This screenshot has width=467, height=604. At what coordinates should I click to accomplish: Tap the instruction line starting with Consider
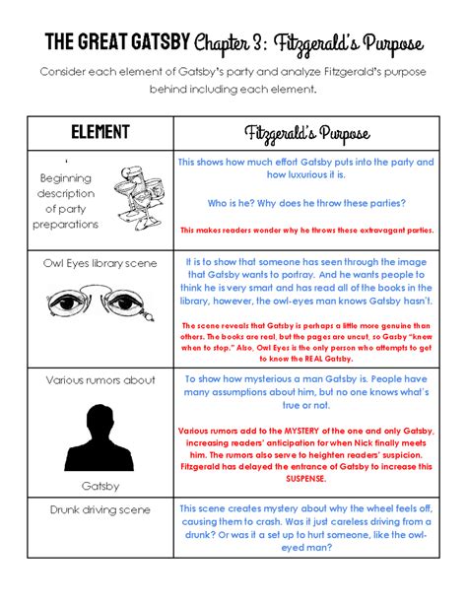click(233, 80)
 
